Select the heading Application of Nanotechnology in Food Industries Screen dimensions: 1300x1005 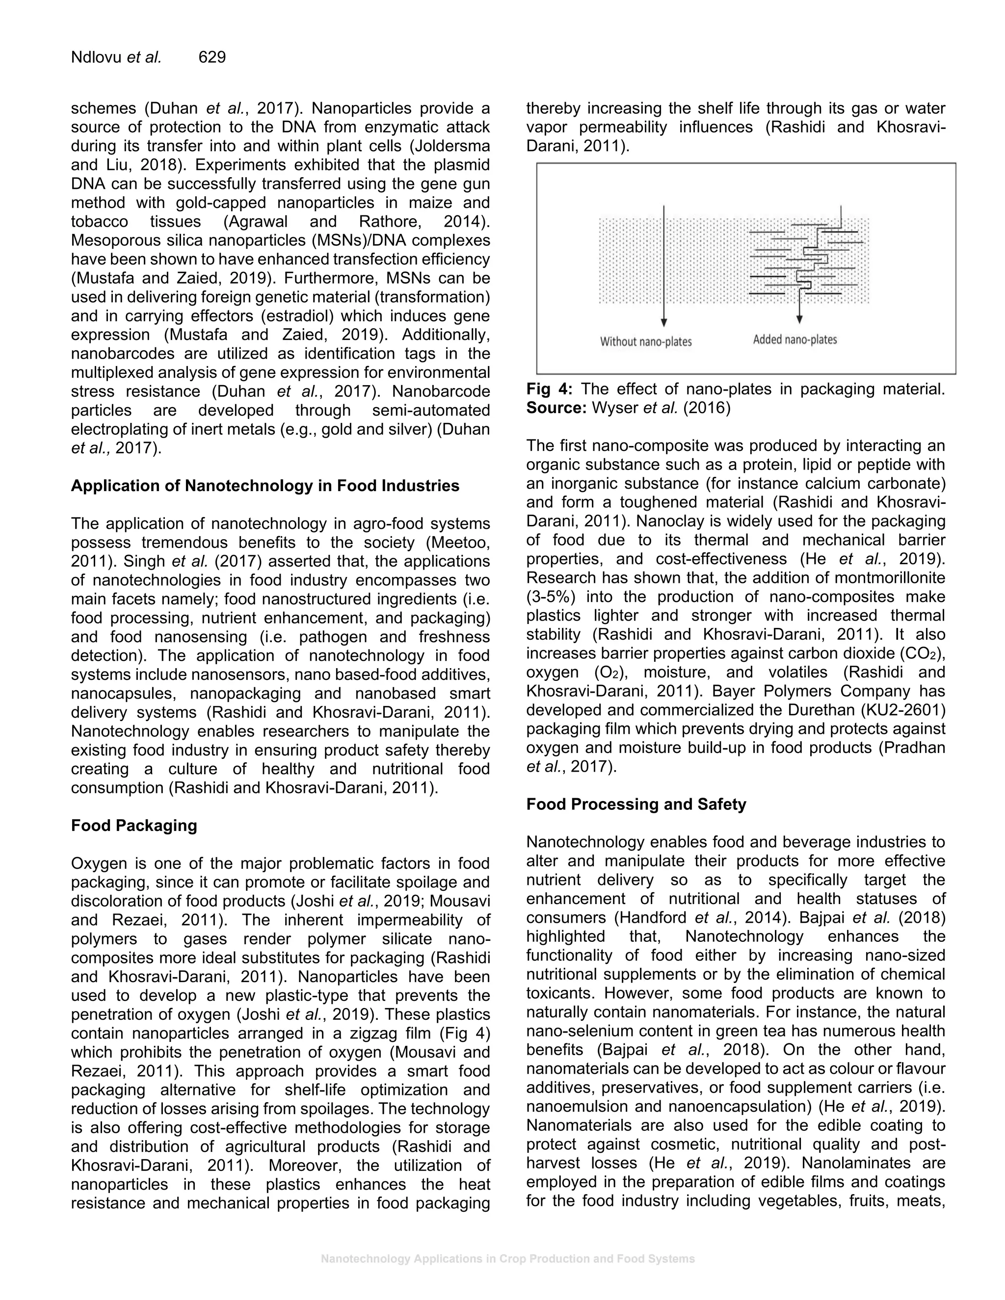[265, 486]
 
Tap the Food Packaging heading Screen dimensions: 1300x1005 [134, 826]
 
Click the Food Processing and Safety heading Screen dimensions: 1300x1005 [636, 804]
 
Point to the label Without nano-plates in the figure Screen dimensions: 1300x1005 [645, 341]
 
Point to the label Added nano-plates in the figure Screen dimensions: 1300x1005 [795, 339]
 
